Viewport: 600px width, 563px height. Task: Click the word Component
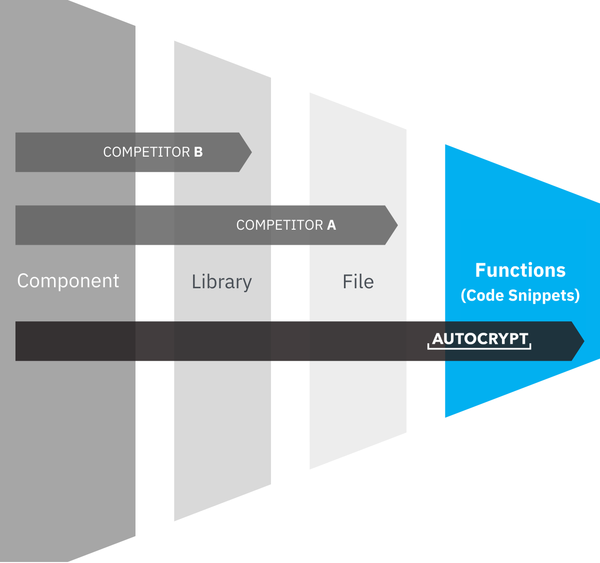point(68,281)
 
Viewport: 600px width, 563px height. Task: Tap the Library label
point(221,282)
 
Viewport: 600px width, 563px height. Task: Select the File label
point(358,282)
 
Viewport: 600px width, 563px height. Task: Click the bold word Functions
point(520,270)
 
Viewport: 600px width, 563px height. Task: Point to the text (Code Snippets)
point(520,295)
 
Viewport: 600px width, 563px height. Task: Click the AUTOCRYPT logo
point(480,339)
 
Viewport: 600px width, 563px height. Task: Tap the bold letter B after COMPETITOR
point(198,152)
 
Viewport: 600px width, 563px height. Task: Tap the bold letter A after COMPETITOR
point(331,225)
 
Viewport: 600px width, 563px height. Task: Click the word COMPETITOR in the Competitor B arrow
point(146,152)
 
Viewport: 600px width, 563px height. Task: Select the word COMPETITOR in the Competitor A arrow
point(279,225)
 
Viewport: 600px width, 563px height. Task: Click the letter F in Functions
point(480,270)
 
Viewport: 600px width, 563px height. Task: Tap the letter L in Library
point(195,281)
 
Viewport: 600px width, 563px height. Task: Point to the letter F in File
point(347,282)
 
